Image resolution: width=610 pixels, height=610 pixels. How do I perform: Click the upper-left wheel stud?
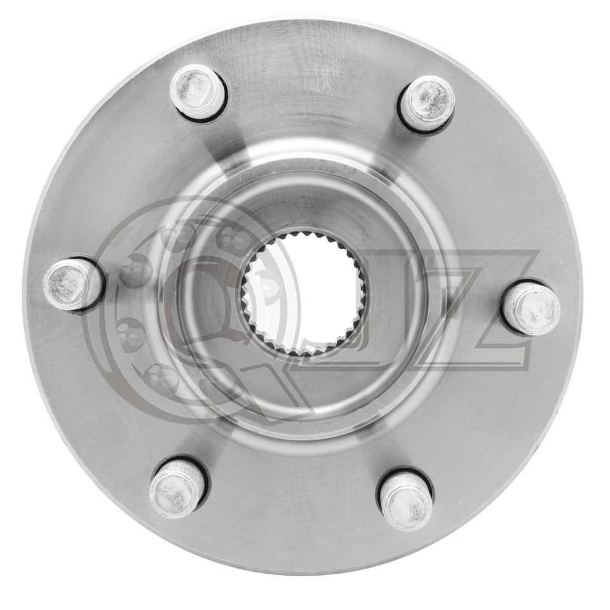click(x=198, y=91)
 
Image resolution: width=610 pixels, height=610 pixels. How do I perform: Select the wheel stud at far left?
click(x=72, y=284)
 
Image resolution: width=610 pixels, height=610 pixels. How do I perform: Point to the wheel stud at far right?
click(x=531, y=308)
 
